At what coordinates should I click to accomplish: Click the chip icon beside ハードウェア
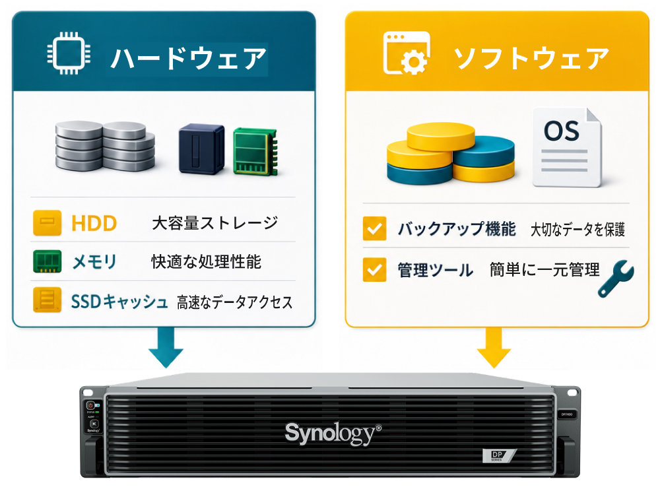tap(69, 53)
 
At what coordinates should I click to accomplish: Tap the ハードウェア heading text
tap(188, 58)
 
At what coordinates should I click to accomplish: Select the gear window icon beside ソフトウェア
tap(407, 53)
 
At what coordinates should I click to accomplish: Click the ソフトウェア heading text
tap(531, 58)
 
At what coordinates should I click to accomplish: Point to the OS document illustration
tap(567, 147)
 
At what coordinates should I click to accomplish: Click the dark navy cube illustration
tap(201, 148)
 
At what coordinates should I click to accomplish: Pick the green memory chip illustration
tap(255, 151)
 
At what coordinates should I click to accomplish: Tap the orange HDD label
tap(94, 223)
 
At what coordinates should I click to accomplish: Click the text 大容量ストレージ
tap(214, 222)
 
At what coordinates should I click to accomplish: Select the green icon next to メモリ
tap(47, 261)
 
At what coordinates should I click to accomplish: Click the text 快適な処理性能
tap(206, 262)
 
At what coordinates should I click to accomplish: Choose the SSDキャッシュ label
tap(119, 302)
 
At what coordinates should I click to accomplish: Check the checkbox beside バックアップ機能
tap(374, 228)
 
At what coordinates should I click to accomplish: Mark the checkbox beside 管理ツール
tap(374, 269)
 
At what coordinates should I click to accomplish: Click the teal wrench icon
tap(616, 279)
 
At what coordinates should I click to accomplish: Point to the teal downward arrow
tap(166, 348)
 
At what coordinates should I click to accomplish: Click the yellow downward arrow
tap(494, 348)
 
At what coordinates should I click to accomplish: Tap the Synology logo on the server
tap(333, 433)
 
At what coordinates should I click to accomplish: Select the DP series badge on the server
tap(499, 455)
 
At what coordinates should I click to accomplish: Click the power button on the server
tap(90, 405)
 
